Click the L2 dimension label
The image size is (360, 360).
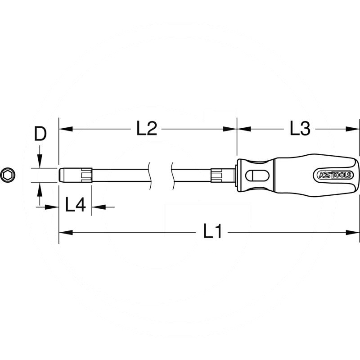[147, 130]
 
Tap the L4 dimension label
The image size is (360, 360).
[75, 193]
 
